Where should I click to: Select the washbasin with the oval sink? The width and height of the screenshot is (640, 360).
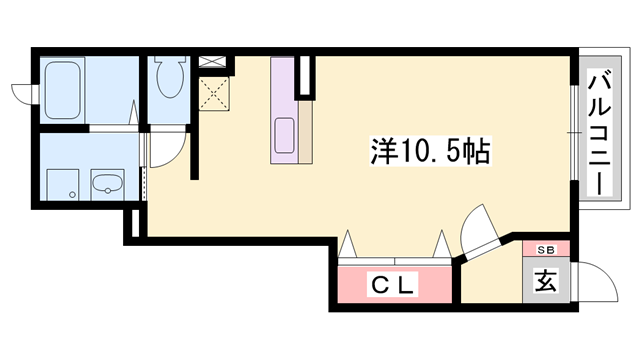pos(106,182)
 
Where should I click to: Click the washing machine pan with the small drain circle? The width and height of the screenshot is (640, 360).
pos(62,181)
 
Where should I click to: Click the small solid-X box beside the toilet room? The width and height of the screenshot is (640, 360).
pos(212,61)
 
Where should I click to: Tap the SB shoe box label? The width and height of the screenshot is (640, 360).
pos(545,249)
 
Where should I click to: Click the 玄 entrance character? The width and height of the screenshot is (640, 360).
pos(545,281)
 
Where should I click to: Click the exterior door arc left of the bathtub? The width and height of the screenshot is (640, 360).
pos(24,93)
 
